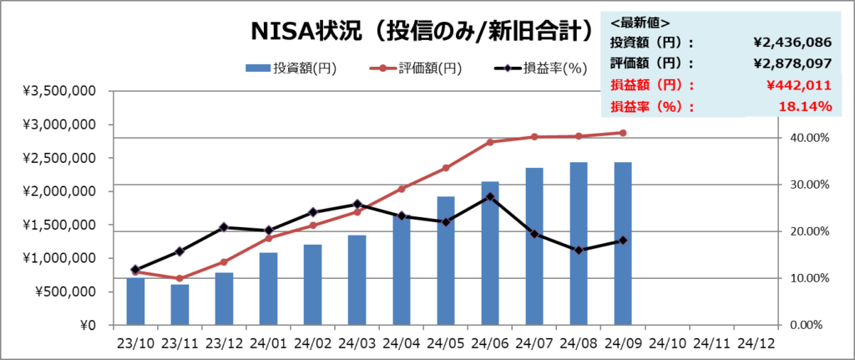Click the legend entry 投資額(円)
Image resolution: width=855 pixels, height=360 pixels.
coord(291,68)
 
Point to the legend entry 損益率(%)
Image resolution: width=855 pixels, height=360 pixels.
coord(542,68)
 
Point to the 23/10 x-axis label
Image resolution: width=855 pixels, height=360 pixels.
coord(136,342)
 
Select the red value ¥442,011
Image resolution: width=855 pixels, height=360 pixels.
coord(798,84)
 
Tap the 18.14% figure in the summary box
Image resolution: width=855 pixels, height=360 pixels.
coord(806,106)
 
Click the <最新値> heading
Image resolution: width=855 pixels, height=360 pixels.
coord(640,23)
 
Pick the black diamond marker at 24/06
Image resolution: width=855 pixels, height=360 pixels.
coord(490,197)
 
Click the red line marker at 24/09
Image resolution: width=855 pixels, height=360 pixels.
coord(623,133)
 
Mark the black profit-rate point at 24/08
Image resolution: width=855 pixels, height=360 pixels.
coord(579,250)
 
